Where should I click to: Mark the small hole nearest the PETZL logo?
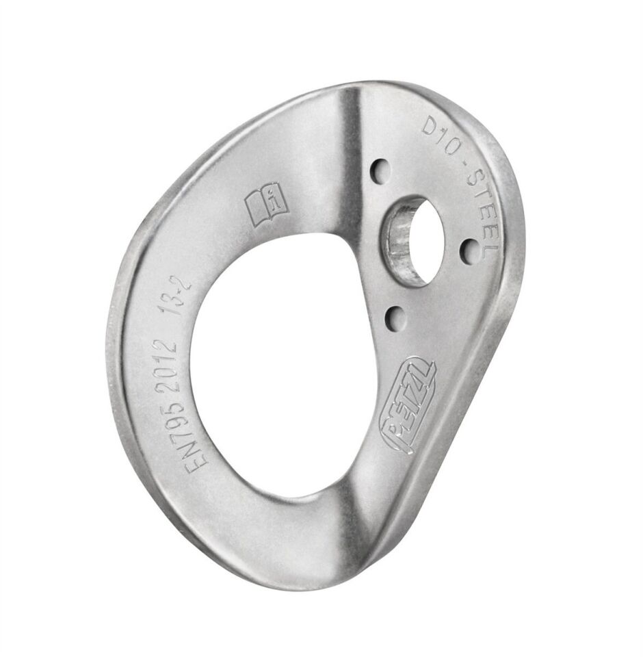click(395, 316)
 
